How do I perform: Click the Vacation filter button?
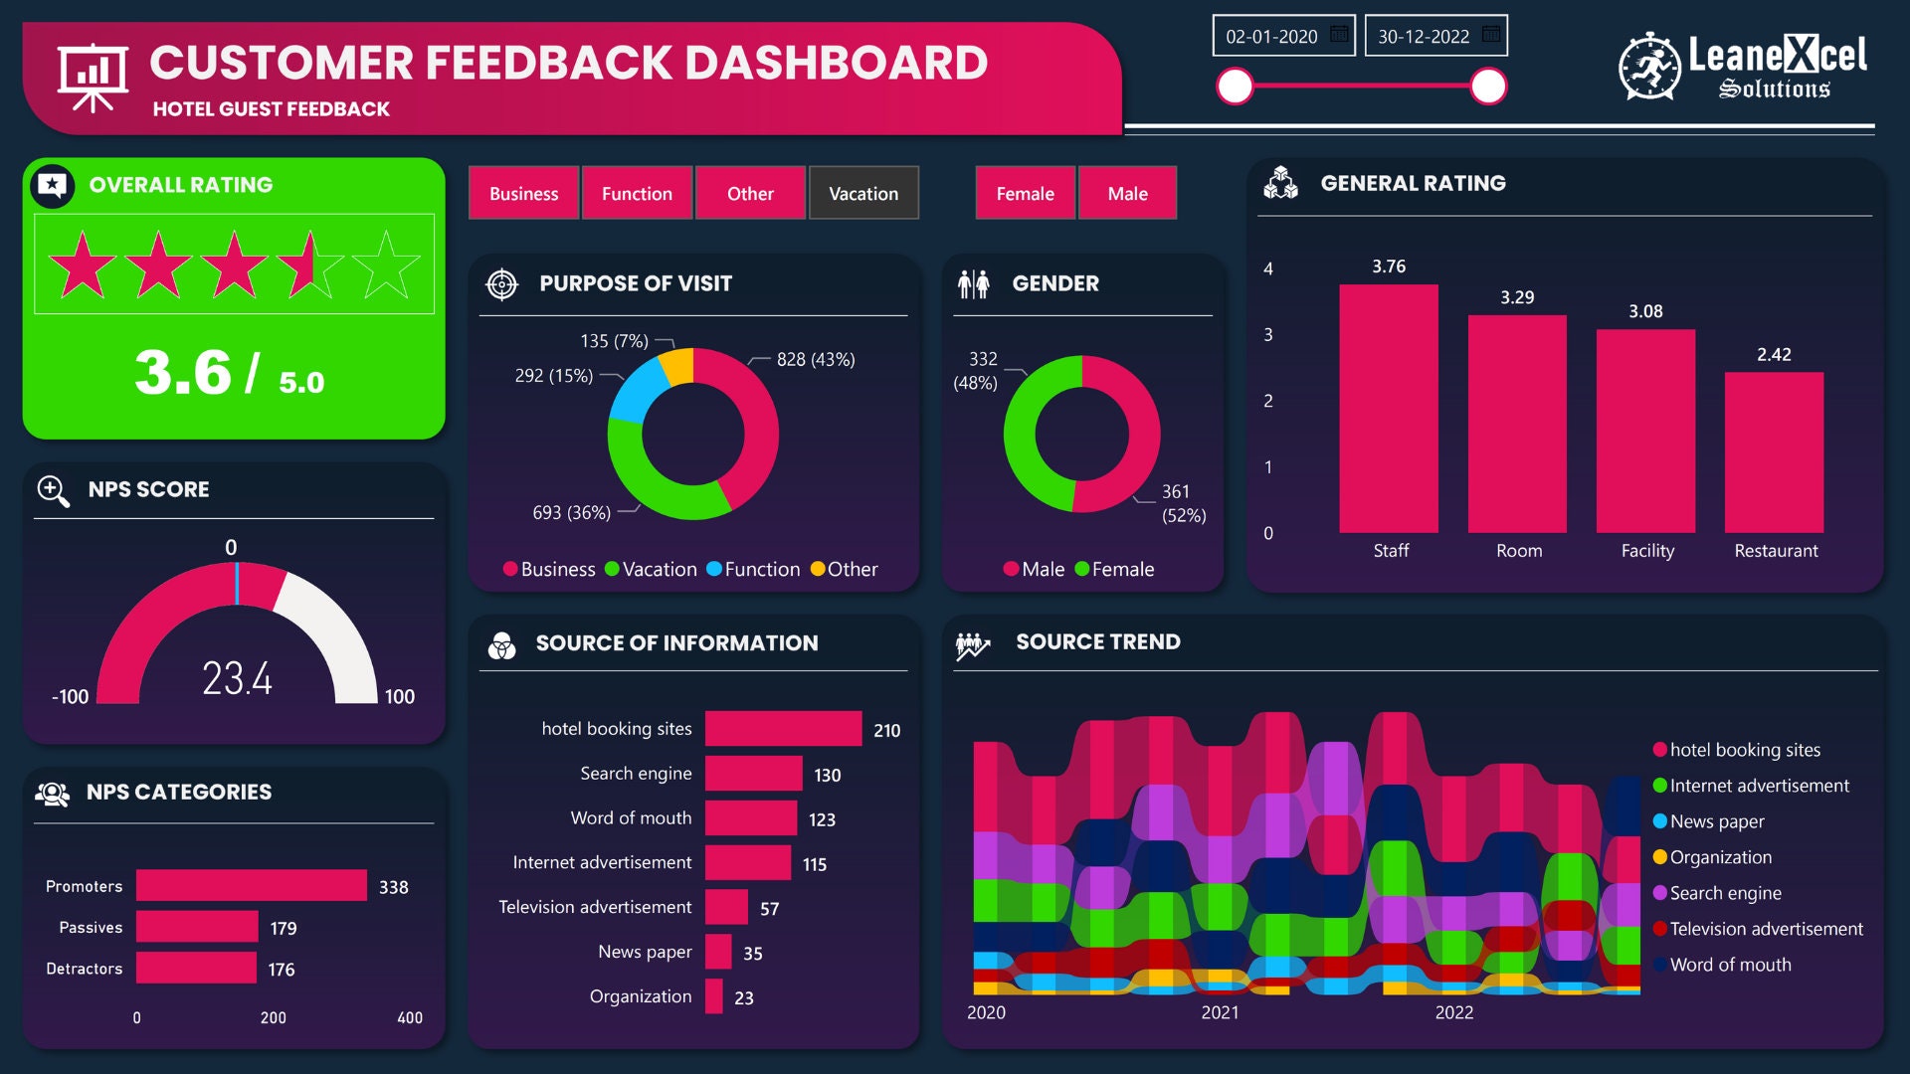point(862,193)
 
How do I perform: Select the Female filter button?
point(1025,193)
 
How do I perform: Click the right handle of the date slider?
point(1487,87)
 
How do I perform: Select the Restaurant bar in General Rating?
point(1774,452)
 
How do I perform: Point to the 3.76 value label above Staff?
point(1388,267)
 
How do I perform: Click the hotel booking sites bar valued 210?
point(783,729)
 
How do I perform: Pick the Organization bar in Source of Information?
point(713,996)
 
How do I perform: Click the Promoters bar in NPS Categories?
point(251,886)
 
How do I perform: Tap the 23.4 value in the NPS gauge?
point(237,679)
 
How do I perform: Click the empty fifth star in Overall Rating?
point(386,266)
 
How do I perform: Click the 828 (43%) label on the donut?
point(815,360)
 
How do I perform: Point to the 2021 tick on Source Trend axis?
point(1220,1012)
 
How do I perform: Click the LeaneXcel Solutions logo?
point(1743,68)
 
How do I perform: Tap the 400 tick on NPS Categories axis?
point(409,1018)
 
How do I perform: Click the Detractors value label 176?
point(281,970)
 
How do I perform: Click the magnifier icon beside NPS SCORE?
point(53,490)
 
